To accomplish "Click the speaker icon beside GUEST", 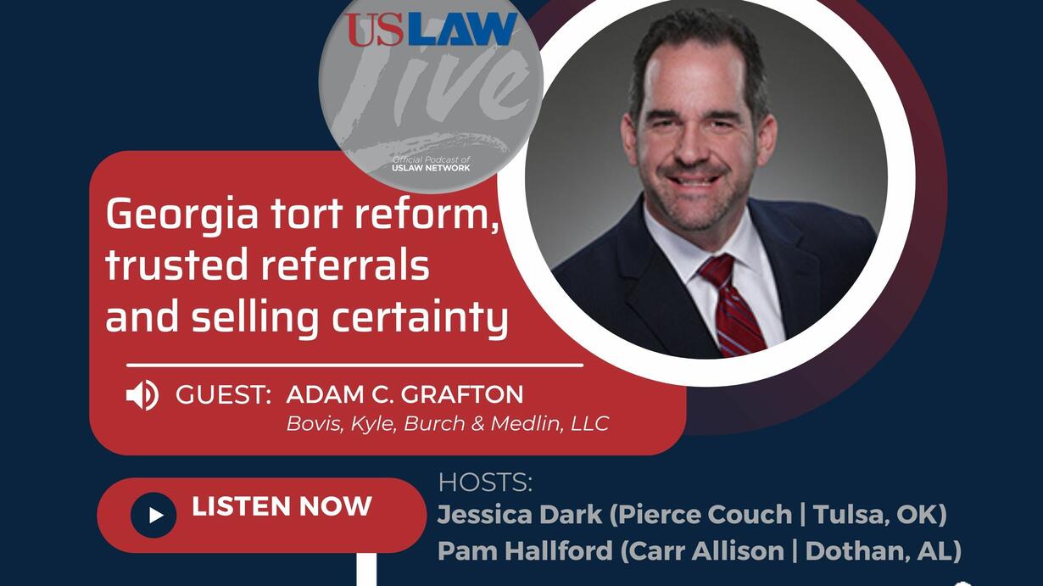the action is pyautogui.click(x=142, y=395).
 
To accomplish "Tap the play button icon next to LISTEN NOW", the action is pyautogui.click(x=153, y=516).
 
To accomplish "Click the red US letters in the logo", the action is pyautogui.click(x=373, y=30).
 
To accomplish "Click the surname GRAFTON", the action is pyautogui.click(x=462, y=394).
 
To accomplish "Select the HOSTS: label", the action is pyautogui.click(x=485, y=483).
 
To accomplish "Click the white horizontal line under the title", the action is pyautogui.click(x=354, y=366).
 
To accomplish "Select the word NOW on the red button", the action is pyautogui.click(x=335, y=506).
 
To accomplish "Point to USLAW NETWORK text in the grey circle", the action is pyautogui.click(x=431, y=168).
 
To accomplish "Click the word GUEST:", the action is pyautogui.click(x=223, y=394).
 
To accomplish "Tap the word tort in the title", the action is pyautogui.click(x=307, y=214).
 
